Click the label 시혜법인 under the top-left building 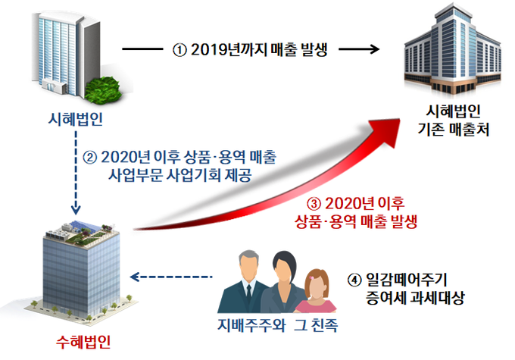pyautogui.click(x=74, y=121)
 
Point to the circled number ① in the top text pyautogui.click(x=179, y=50)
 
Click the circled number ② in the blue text pyautogui.click(x=89, y=158)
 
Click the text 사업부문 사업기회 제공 pyautogui.click(x=180, y=174)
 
